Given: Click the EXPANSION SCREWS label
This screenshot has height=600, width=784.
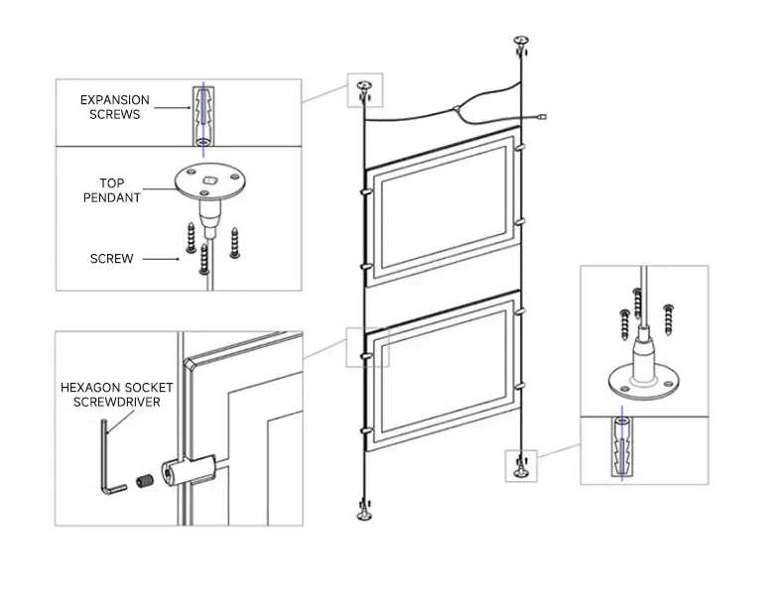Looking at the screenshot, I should (115, 107).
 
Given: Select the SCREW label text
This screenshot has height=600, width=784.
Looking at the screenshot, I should (111, 258).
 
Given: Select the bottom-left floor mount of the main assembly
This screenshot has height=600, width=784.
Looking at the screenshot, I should (362, 516).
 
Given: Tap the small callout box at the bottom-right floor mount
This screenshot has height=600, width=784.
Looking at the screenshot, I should (520, 465).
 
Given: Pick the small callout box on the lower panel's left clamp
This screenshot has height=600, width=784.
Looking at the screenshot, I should (366, 346).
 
